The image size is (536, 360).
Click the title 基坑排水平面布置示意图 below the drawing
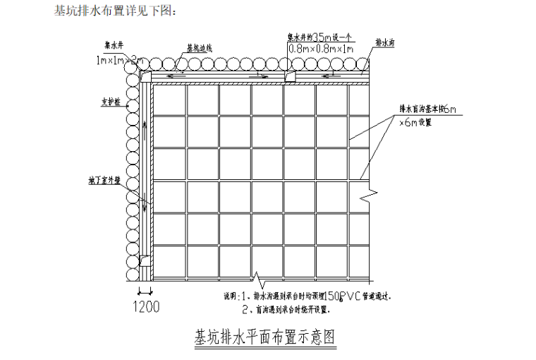(264, 337)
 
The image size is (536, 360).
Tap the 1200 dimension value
(145, 307)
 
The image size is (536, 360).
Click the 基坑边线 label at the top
(200, 49)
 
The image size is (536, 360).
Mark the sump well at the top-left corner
(147, 76)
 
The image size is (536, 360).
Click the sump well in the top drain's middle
(290, 76)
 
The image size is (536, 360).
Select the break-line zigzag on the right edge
(366, 192)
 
